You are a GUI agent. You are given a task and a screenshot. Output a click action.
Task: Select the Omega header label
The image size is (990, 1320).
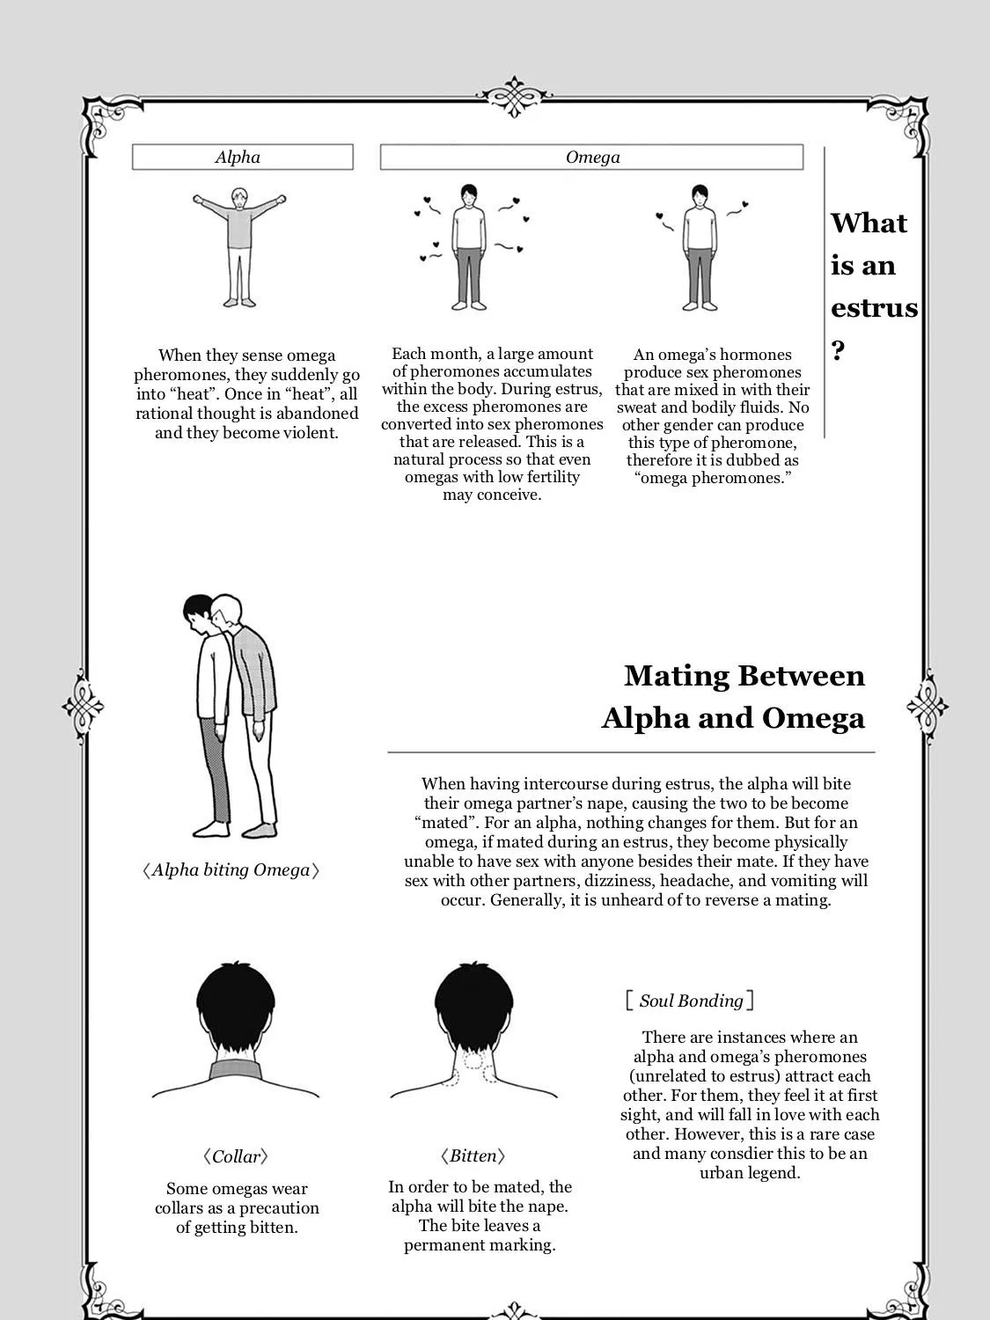tap(592, 157)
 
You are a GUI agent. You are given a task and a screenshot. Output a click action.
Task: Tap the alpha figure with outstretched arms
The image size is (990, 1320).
tap(239, 247)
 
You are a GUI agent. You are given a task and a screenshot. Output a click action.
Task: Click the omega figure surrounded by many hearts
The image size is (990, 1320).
tap(469, 247)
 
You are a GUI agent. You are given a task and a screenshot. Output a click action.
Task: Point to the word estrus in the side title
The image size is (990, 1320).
tap(874, 308)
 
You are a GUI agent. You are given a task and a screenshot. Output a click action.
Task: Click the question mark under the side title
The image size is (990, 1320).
tap(838, 350)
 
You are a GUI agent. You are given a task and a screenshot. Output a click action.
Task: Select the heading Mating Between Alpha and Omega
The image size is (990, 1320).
tap(733, 696)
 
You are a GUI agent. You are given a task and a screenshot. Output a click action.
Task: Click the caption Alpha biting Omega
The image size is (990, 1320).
tap(231, 869)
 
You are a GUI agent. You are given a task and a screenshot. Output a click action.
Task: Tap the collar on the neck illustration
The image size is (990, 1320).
tap(236, 1070)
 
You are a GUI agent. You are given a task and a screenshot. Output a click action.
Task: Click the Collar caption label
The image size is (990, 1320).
tap(236, 1155)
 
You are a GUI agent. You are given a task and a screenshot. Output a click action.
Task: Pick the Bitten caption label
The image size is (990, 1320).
tap(473, 1155)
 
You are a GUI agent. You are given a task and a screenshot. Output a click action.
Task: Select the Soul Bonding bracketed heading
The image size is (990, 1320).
tap(690, 1001)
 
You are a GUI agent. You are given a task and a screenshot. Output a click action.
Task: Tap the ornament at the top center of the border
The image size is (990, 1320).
tap(515, 96)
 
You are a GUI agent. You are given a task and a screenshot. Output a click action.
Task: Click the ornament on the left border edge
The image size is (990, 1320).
tap(83, 706)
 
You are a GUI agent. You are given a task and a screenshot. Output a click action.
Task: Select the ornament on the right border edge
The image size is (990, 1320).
tap(928, 706)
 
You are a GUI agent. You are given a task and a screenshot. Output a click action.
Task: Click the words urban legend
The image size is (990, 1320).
tap(750, 1173)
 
